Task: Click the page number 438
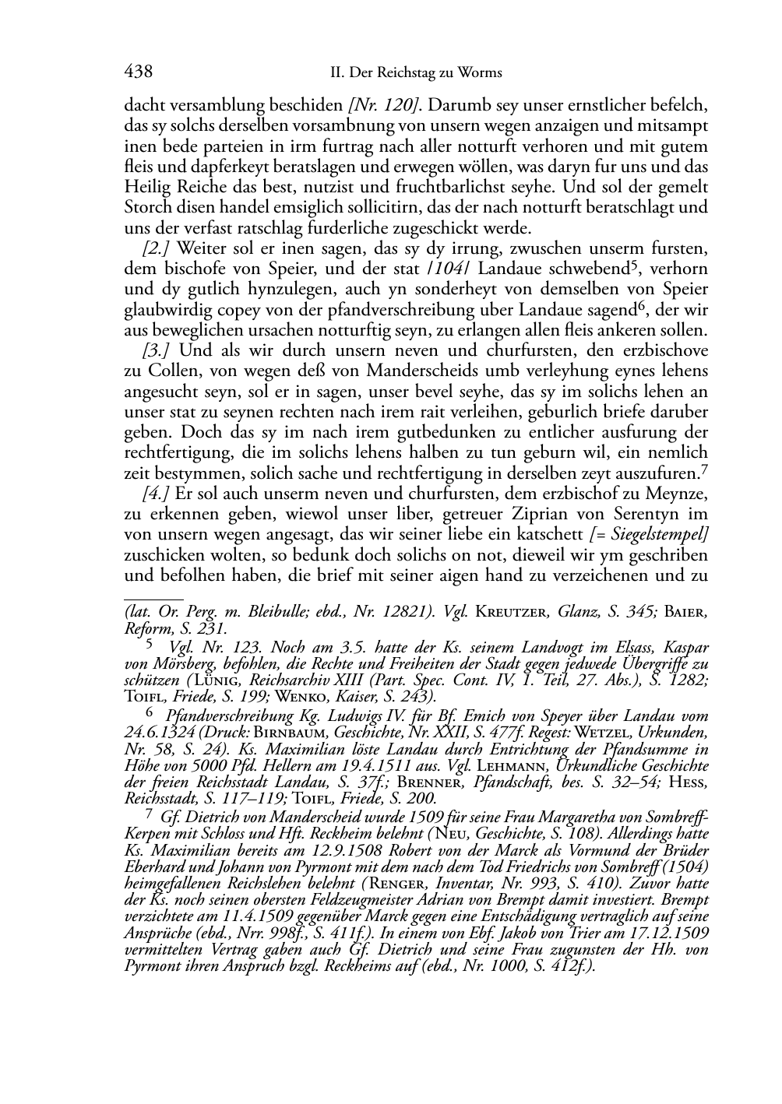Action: click(x=138, y=72)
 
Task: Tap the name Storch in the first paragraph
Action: click(x=145, y=208)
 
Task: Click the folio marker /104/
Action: click(x=454, y=269)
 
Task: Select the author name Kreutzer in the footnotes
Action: click(x=508, y=612)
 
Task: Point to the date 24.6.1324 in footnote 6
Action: click(x=159, y=733)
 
